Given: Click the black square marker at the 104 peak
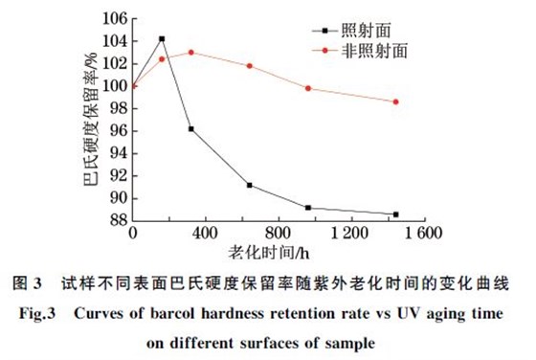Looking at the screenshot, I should (161, 39).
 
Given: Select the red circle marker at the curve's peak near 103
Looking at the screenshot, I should (190, 52).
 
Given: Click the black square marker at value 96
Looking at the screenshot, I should (190, 128).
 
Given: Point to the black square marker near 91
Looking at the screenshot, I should (249, 185).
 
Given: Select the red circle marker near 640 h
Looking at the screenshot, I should (249, 66).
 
